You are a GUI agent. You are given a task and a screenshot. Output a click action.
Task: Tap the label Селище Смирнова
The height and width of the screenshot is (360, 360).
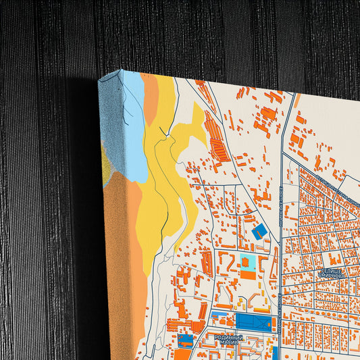[331, 274]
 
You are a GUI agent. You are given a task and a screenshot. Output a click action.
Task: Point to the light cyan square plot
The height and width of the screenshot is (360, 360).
[247, 272]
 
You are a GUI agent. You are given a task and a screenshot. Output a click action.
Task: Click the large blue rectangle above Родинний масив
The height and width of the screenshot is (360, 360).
[253, 322]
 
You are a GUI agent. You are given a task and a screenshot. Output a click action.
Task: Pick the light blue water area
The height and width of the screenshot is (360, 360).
[132, 128]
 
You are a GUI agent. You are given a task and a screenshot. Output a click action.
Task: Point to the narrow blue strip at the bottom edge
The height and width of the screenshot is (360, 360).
[276, 353]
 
